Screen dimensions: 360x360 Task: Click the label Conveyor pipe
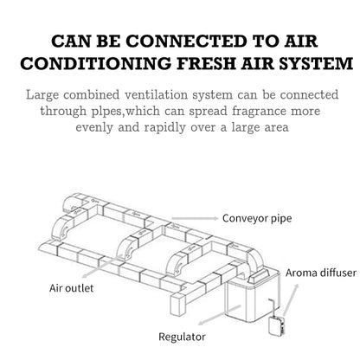click(x=257, y=218)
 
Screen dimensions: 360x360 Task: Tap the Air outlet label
click(x=71, y=288)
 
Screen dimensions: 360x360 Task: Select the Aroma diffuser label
click(x=321, y=273)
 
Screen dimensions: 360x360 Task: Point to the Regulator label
click(x=182, y=337)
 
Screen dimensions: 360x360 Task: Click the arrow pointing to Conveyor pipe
click(x=195, y=218)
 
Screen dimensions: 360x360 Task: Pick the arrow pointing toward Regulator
click(x=219, y=315)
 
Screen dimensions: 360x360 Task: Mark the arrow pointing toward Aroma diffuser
click(x=291, y=299)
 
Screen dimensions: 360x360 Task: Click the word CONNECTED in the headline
click(x=186, y=42)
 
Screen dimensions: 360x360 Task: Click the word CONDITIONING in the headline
click(x=95, y=63)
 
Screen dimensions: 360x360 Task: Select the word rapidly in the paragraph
click(x=164, y=128)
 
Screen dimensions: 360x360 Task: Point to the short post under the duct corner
click(x=177, y=305)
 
